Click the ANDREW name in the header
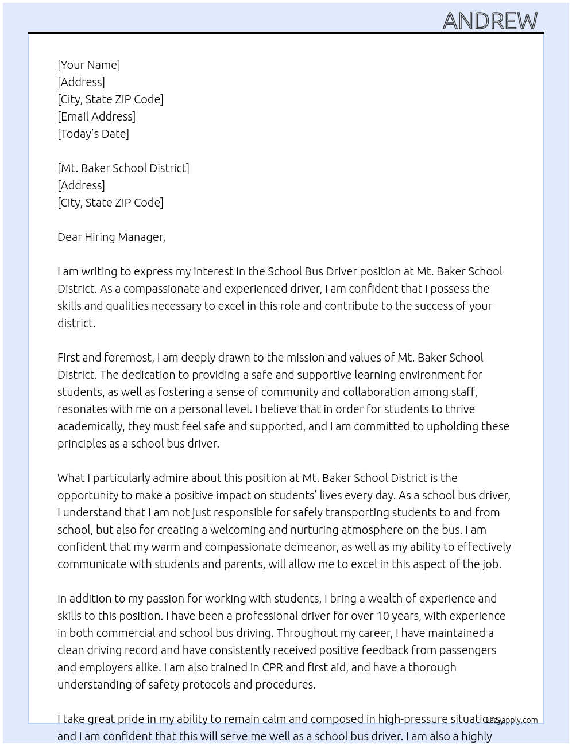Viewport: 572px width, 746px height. click(490, 21)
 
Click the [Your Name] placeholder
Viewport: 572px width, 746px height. click(88, 65)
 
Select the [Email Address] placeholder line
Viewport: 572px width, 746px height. click(96, 116)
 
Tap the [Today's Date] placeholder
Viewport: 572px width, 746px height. click(93, 134)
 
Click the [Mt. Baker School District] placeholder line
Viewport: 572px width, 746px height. click(123, 168)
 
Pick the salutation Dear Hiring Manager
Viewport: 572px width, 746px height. click(111, 237)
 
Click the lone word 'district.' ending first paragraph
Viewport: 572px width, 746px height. click(76, 323)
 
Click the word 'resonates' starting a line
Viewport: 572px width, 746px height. click(82, 409)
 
